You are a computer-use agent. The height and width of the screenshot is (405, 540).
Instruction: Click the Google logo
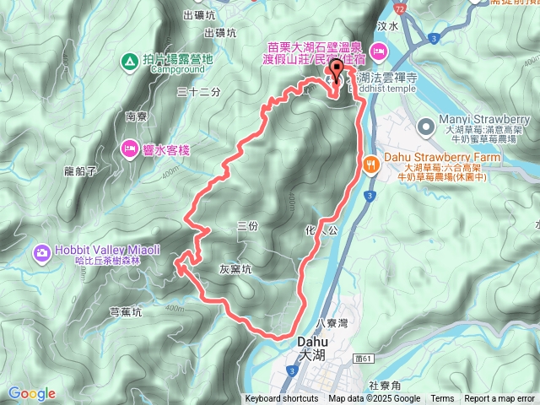click(x=32, y=393)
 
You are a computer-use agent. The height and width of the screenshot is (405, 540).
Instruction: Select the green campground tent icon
click(x=129, y=61)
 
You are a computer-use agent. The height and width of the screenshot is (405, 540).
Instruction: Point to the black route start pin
click(x=336, y=71)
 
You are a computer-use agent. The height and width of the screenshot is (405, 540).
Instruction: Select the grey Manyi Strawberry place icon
click(x=424, y=126)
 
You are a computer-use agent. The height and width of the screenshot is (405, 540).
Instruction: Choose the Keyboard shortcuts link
click(x=282, y=398)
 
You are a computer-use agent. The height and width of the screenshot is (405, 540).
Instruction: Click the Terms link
click(x=442, y=398)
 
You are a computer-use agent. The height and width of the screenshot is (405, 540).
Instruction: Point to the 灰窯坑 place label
click(x=235, y=270)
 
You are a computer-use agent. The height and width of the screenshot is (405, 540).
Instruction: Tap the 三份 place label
click(x=246, y=226)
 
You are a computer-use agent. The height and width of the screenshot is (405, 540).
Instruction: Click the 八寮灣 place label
click(x=331, y=322)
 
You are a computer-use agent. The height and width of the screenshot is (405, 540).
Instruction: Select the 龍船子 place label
click(x=81, y=170)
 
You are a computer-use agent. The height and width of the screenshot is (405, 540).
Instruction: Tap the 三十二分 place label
click(x=199, y=91)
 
